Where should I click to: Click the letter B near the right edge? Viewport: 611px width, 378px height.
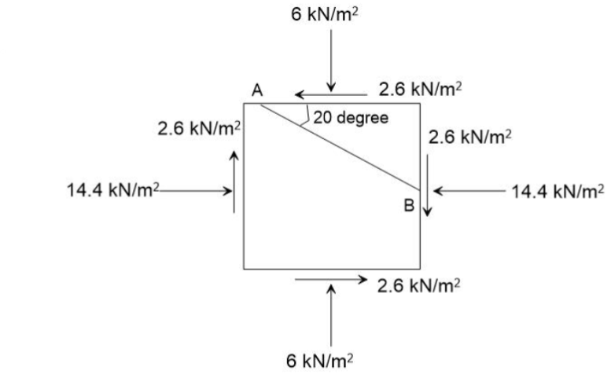click(408, 206)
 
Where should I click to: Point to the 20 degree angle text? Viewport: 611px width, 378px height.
click(351, 118)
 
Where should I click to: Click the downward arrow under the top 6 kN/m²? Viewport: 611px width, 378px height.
click(333, 60)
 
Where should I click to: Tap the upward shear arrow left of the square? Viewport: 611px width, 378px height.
click(234, 181)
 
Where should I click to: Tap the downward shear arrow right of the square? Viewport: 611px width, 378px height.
click(428, 184)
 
